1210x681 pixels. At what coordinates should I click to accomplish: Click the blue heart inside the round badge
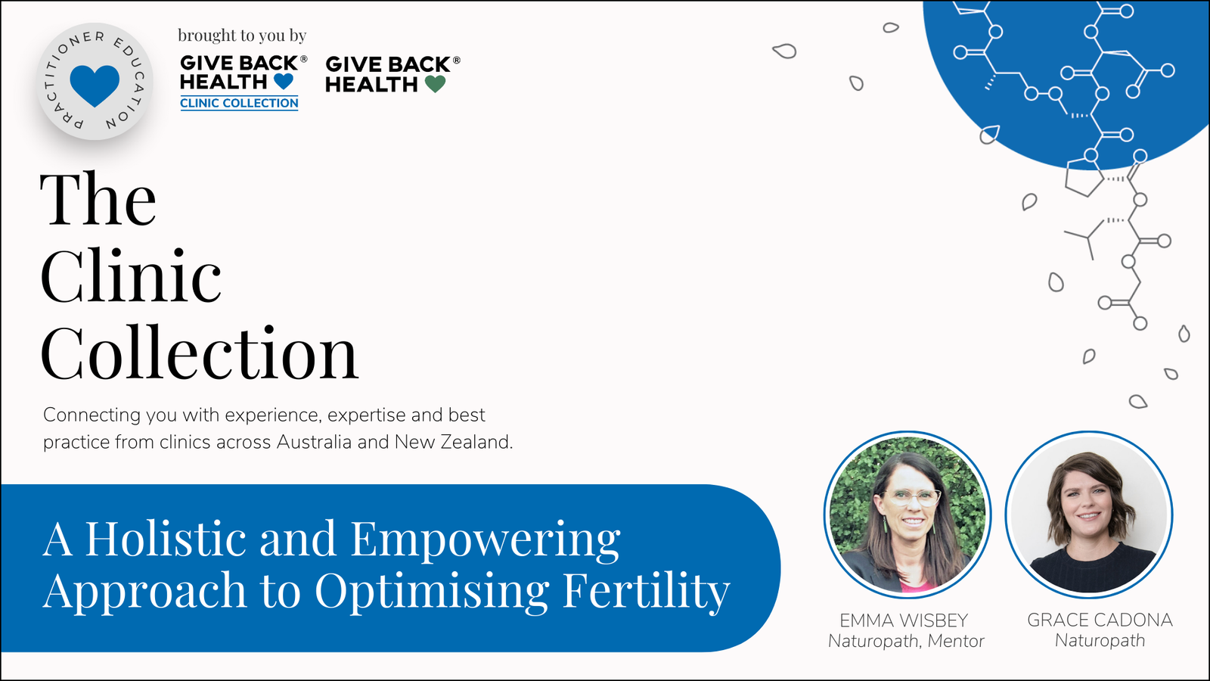coord(95,86)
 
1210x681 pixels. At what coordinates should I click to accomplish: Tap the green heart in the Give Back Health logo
coord(435,84)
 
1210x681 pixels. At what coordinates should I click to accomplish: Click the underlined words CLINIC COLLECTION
coord(239,103)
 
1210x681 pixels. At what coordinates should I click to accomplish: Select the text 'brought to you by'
coord(242,36)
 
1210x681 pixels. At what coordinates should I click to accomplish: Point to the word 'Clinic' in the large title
coord(130,275)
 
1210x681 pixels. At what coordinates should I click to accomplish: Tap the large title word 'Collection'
coord(200,353)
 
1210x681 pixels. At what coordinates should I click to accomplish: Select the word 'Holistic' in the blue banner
coord(166,538)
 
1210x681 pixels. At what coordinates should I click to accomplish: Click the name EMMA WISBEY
coord(904,620)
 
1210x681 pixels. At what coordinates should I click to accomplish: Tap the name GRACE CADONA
coord(1100,620)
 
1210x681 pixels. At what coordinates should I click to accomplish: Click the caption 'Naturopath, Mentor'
coord(906,641)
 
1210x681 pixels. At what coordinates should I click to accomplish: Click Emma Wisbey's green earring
coord(885,526)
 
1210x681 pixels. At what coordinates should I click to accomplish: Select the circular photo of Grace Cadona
coord(1088,515)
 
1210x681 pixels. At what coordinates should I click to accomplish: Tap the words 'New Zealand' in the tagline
coord(454,442)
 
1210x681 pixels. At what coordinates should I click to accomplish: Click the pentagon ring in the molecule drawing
coord(1084,177)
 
